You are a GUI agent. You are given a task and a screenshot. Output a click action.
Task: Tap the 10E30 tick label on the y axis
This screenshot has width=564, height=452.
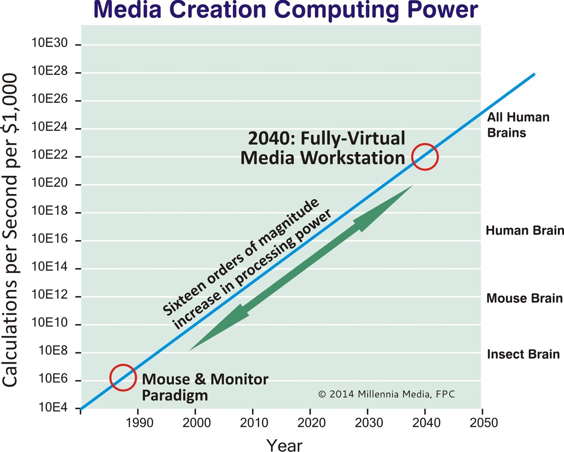pos(50,45)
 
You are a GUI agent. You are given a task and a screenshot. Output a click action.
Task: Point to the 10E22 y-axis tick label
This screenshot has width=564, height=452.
pos(50,157)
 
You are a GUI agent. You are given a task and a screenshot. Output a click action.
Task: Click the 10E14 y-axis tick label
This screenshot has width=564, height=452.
pos(50,269)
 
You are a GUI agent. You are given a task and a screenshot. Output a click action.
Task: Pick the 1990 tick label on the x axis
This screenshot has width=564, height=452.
pos(138,422)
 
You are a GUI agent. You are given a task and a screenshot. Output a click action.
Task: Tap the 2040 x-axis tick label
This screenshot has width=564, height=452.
pos(425,422)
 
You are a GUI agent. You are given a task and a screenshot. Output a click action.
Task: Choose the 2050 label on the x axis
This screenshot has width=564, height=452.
pos(482,422)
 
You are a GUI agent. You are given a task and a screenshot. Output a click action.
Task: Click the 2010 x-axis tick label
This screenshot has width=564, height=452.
pos(253,422)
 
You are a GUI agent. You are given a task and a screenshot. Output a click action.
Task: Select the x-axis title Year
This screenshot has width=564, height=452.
pos(284,444)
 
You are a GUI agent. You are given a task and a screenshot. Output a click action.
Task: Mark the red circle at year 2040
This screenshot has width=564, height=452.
pos(425,157)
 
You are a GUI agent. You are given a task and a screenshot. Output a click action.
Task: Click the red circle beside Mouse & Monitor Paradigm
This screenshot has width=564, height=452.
pos(123,377)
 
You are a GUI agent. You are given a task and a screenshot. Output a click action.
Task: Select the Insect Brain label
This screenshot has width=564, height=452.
pos(523,354)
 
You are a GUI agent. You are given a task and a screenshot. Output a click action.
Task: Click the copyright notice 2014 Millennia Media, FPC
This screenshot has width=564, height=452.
pos(387,394)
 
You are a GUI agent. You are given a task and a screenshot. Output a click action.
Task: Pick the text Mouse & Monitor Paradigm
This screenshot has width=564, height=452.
pos(205,387)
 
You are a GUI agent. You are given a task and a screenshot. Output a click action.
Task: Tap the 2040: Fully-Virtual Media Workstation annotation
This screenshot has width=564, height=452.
pos(322,148)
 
